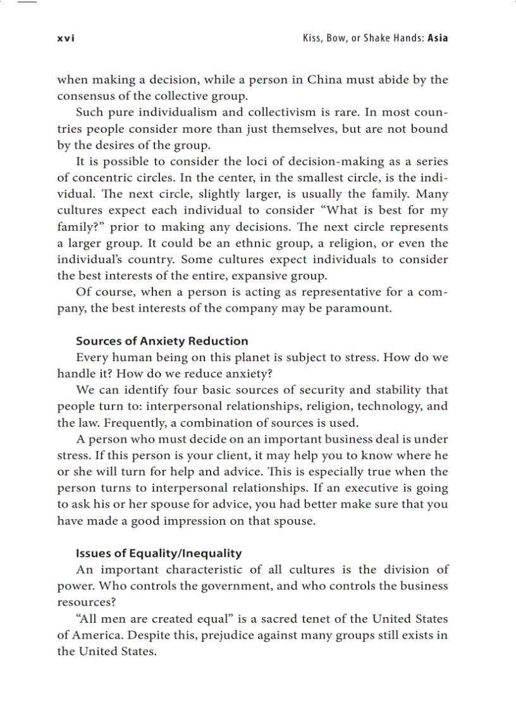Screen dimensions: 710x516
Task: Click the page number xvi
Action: point(66,38)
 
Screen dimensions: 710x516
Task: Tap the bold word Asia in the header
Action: point(438,38)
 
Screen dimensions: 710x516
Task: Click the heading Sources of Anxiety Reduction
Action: point(162,341)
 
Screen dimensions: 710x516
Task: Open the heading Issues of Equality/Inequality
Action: point(159,554)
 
